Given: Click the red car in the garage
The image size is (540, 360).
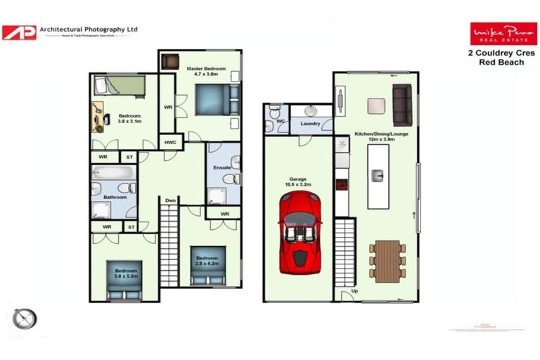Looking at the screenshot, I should pyautogui.click(x=298, y=234).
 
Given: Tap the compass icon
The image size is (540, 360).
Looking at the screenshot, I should pyautogui.click(x=23, y=318).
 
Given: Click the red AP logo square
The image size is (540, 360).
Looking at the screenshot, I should pyautogui.click(x=18, y=32).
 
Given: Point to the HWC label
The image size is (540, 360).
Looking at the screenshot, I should pyautogui.click(x=170, y=143).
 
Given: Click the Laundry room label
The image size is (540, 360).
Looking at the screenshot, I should pyautogui.click(x=310, y=124).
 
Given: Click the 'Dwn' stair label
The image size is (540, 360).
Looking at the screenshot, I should pyautogui.click(x=170, y=200).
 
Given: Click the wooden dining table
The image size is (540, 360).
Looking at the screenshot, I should pyautogui.click(x=387, y=262).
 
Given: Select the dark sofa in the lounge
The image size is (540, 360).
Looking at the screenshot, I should pyautogui.click(x=401, y=105).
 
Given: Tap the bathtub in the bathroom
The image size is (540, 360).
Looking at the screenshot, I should pyautogui.click(x=112, y=173).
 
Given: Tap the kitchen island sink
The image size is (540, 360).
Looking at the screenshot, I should pyautogui.click(x=378, y=174).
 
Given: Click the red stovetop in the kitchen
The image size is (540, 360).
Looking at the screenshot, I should pyautogui.click(x=342, y=186).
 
